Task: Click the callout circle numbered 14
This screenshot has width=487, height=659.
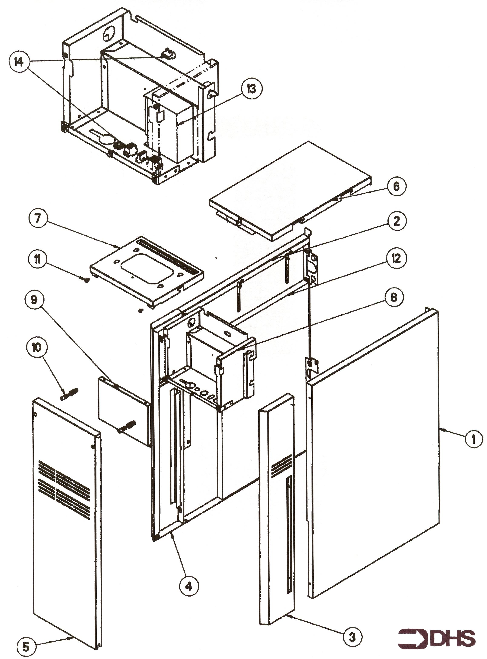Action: click(19, 62)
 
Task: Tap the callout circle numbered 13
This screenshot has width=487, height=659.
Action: click(251, 89)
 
